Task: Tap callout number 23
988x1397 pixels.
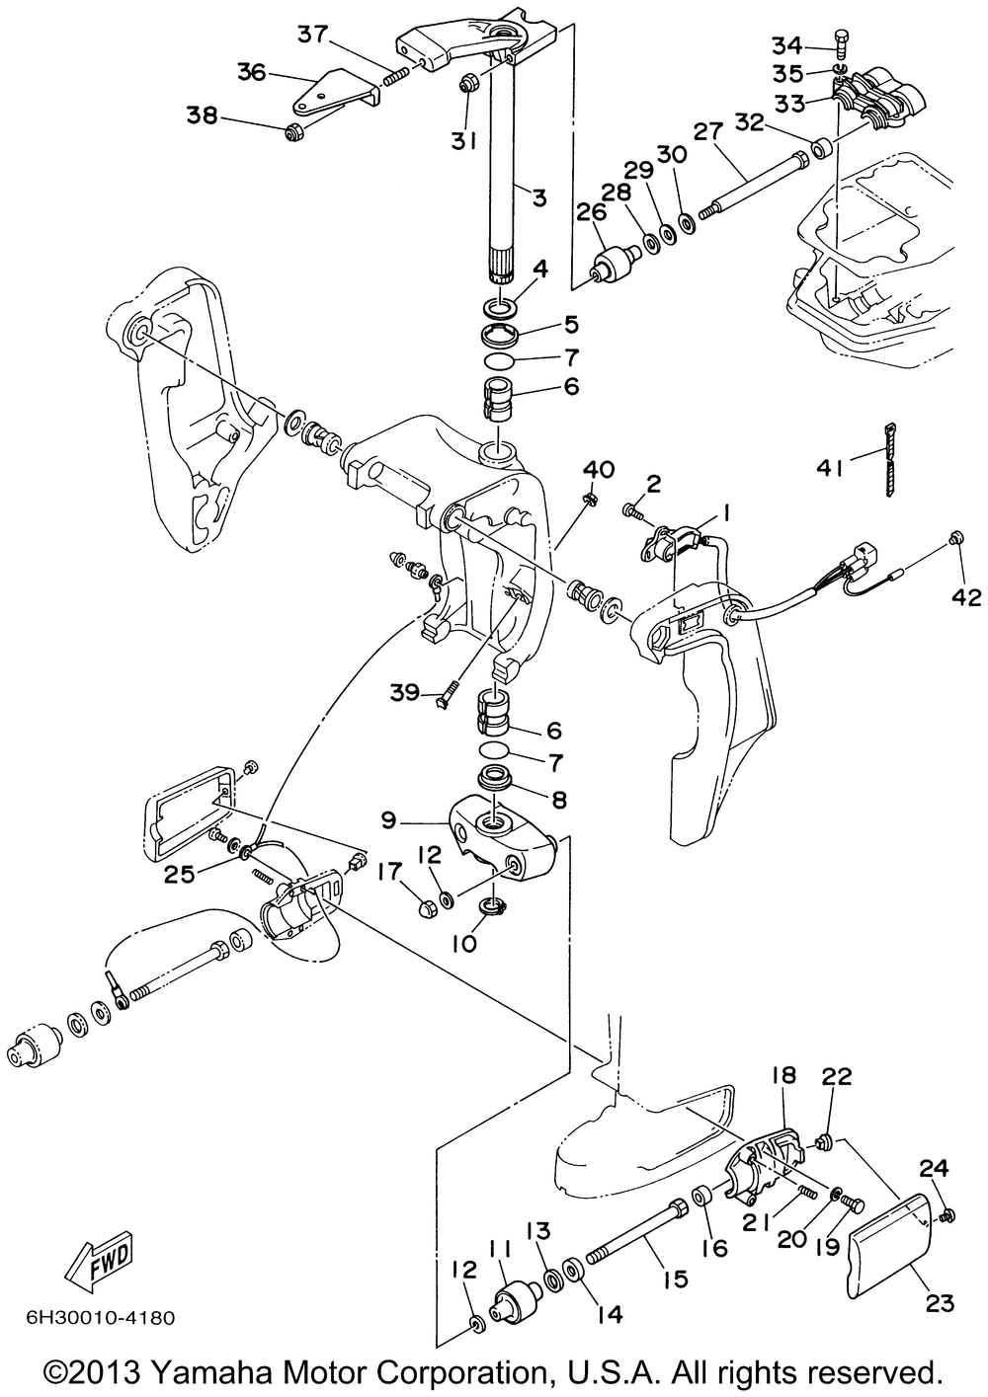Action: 940,1304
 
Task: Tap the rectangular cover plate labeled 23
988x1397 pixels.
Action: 891,1234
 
